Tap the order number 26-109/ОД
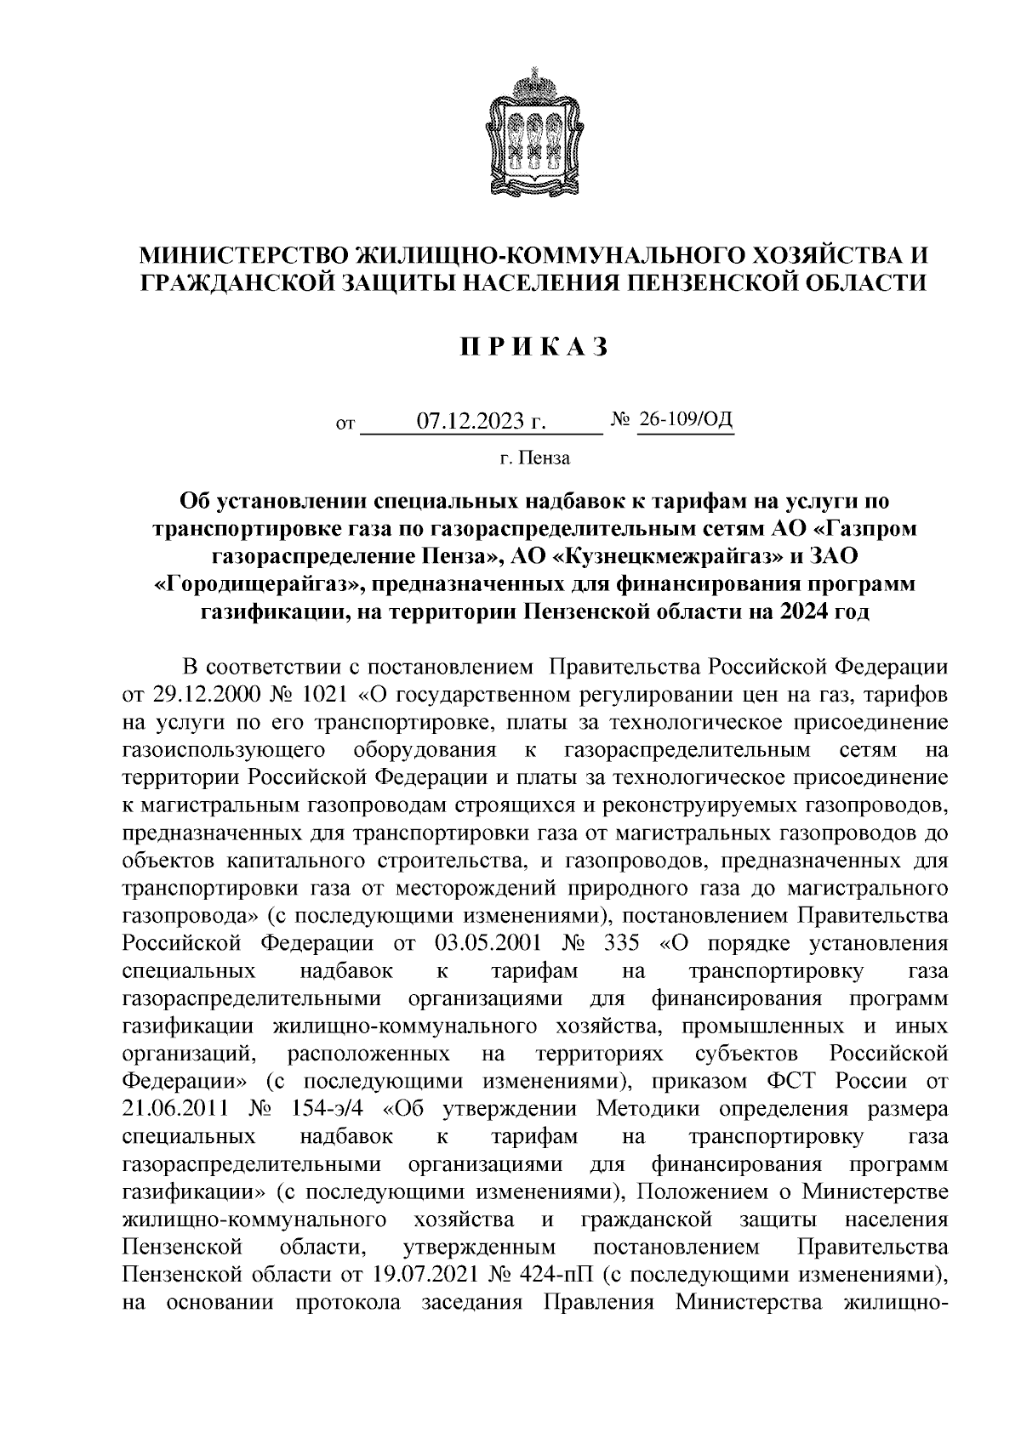tap(685, 419)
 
